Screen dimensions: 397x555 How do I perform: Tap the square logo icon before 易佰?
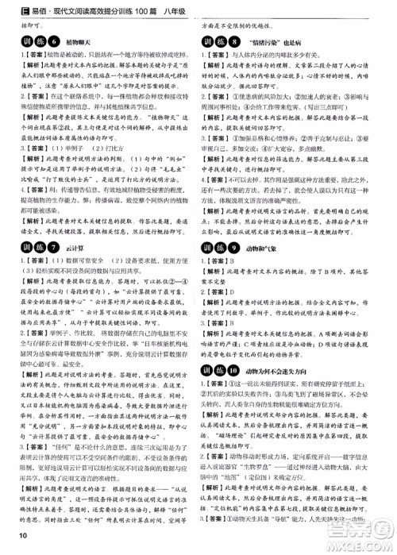click(10, 8)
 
